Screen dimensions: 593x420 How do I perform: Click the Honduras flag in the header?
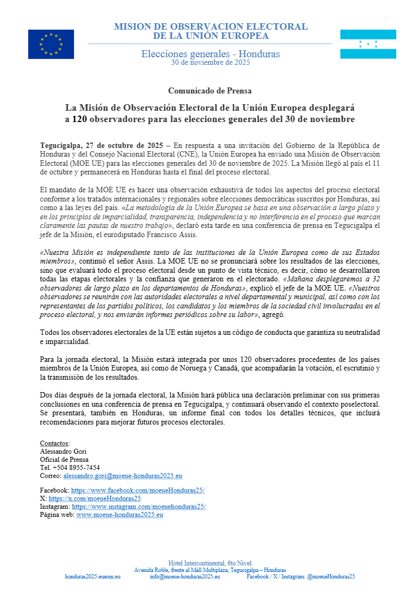click(x=368, y=44)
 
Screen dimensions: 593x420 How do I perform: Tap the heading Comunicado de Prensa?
click(x=210, y=91)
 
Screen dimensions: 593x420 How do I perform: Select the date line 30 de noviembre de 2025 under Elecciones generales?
click(x=210, y=62)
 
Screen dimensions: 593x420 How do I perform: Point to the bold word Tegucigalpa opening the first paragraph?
click(x=63, y=145)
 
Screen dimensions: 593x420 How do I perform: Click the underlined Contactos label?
click(x=55, y=443)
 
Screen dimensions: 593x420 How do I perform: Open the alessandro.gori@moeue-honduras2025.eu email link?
click(x=123, y=476)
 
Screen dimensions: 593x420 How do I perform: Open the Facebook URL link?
click(x=138, y=490)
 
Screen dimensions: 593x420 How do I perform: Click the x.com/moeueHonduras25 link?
click(x=95, y=498)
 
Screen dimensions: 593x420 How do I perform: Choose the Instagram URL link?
click(x=139, y=507)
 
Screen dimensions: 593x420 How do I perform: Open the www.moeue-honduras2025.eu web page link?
click(x=119, y=515)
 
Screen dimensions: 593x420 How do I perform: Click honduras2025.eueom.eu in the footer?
click(x=92, y=577)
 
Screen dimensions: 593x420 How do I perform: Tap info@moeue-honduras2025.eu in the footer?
click(x=185, y=577)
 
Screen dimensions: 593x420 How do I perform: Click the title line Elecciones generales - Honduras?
click(x=210, y=53)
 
